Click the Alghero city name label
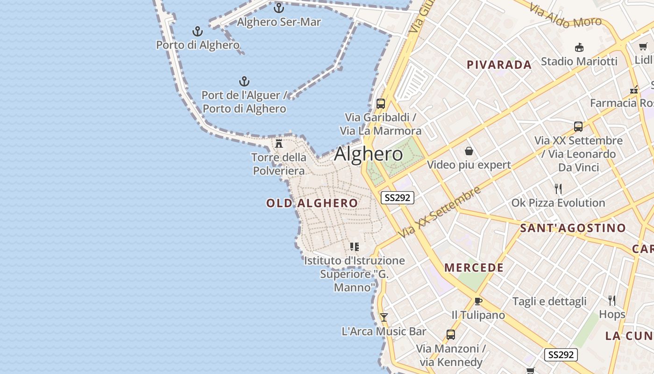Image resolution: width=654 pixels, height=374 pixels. [x=369, y=154]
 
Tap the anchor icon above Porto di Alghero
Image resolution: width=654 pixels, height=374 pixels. [x=198, y=31]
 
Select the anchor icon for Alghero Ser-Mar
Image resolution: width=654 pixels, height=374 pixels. [x=279, y=8]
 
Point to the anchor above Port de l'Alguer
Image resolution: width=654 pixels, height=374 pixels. [x=244, y=81]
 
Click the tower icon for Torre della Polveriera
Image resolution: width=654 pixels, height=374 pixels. [x=279, y=144]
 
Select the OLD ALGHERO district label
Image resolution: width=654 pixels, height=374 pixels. [x=312, y=203]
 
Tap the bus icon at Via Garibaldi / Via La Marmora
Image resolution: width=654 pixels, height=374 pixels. [x=380, y=103]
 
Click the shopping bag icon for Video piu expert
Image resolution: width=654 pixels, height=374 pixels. [x=469, y=151]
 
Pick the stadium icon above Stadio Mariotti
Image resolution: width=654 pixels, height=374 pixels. [x=579, y=47]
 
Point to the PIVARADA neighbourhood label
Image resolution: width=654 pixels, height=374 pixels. [x=499, y=65]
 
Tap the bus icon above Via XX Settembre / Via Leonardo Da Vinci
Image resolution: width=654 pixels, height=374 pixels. [x=578, y=127]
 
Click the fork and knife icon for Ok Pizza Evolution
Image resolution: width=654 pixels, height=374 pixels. [x=558, y=189]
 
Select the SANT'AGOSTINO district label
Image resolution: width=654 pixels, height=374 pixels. [x=573, y=228]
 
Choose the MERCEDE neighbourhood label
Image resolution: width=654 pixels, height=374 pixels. [x=474, y=268]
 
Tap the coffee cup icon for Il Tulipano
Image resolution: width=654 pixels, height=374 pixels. [x=478, y=301]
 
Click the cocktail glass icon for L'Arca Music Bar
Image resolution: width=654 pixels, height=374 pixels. [x=384, y=317]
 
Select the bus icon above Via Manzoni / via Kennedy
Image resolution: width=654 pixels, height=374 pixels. [x=451, y=335]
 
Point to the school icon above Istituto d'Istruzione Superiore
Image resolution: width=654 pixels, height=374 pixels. [x=355, y=246]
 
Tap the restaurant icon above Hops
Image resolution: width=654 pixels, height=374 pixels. [x=612, y=300]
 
